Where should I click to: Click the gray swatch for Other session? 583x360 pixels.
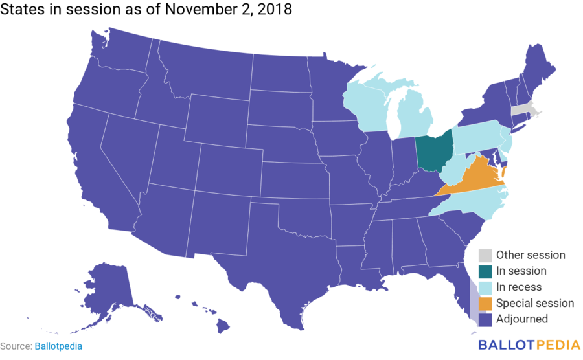click(x=485, y=255)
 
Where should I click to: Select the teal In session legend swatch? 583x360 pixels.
click(x=485, y=271)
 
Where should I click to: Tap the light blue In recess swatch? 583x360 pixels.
click(x=485, y=287)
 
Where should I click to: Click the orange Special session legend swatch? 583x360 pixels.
click(x=485, y=303)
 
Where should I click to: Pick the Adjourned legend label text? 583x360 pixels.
click(x=522, y=319)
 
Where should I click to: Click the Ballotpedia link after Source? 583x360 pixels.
click(x=58, y=346)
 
